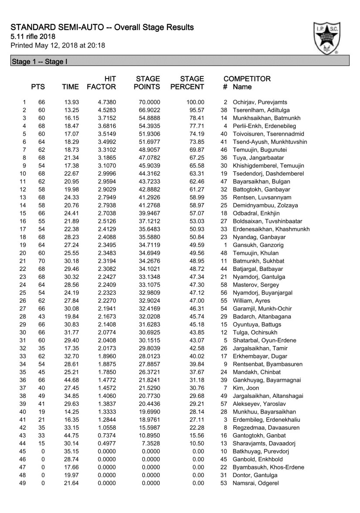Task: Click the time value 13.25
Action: coord(70,110)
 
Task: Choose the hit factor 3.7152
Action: coord(106,118)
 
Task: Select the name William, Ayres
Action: coord(251,301)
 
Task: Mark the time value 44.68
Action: coord(70,380)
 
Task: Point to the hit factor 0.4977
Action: coord(106,451)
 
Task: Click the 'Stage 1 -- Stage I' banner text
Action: coord(39,62)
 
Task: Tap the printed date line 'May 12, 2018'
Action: coord(58,45)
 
